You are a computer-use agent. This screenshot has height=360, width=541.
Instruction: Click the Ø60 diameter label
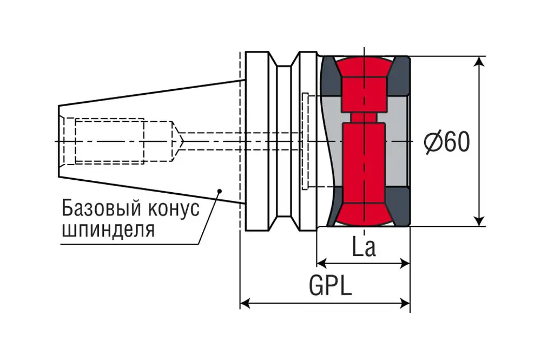(447, 142)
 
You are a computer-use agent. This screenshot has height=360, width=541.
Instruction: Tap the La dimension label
(364, 246)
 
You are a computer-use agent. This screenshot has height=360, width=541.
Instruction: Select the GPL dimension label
(330, 286)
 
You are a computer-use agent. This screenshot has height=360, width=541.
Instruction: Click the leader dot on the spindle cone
(219, 190)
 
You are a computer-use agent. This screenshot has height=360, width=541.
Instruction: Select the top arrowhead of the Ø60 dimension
(479, 62)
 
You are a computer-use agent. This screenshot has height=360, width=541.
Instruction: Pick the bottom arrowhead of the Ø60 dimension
(479, 220)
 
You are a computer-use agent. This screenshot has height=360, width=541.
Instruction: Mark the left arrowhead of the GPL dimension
(245, 303)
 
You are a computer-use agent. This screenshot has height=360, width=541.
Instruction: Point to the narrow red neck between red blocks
(364, 117)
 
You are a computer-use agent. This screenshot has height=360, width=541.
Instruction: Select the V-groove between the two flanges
(283, 141)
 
